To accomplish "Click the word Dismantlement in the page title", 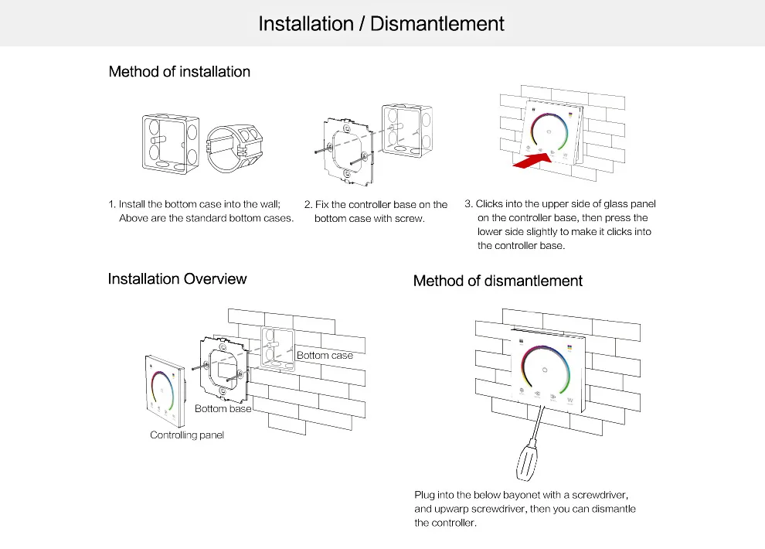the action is click(437, 24).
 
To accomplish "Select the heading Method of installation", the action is click(179, 72).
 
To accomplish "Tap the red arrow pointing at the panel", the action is click(532, 161).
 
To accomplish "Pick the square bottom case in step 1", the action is click(170, 144).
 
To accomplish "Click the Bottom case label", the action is click(325, 355).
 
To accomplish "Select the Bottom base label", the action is click(223, 408).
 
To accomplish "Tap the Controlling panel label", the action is click(187, 435).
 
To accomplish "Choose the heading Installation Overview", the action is click(177, 278).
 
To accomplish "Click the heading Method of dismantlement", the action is click(498, 281).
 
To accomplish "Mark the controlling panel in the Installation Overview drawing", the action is click(165, 391).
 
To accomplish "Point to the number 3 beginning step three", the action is click(467, 203).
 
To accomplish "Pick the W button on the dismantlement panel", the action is click(569, 401).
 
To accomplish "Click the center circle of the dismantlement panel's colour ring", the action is click(545, 370).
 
